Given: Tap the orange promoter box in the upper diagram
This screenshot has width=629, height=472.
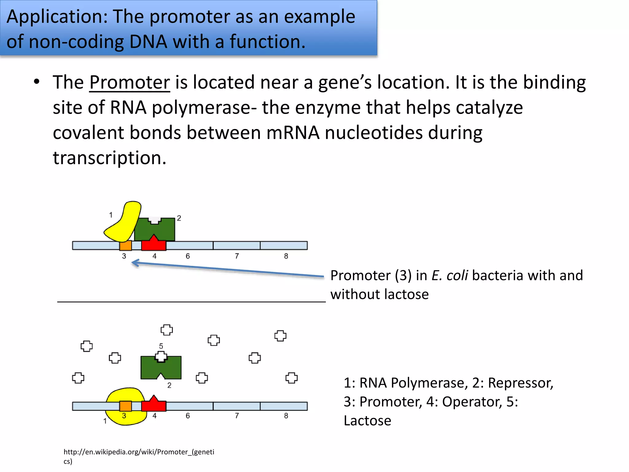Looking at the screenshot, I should click(125, 246).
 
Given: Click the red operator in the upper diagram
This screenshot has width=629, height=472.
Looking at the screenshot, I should click(154, 244).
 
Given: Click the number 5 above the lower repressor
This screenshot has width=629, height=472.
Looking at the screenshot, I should click(161, 346).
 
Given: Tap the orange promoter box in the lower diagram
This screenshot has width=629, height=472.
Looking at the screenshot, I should click(125, 406).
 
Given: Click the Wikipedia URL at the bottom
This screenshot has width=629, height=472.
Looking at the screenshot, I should click(139, 452).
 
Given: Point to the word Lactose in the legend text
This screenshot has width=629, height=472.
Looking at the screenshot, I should click(367, 421).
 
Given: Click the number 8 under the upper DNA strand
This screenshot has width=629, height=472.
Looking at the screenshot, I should click(286, 256).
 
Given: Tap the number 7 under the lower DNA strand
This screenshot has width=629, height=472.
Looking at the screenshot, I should click(237, 416).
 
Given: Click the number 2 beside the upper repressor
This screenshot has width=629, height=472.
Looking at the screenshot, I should click(179, 218).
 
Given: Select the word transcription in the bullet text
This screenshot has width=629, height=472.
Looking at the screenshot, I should click(109, 158).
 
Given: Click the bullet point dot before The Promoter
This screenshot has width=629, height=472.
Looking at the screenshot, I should click(37, 82).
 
